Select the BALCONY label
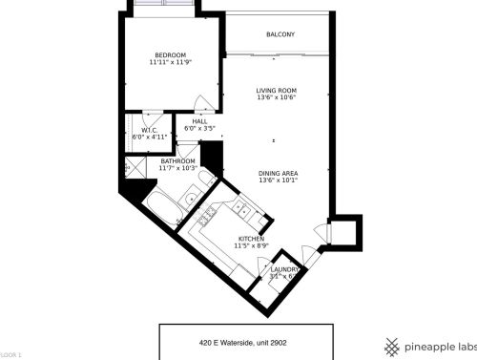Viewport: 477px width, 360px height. tap(280, 35)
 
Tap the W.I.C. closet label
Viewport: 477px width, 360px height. tap(150, 130)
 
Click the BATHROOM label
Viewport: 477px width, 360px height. tap(177, 161)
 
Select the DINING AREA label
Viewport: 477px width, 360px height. tap(279, 173)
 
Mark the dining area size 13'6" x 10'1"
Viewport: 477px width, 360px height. tap(279, 180)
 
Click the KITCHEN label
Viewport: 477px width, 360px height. tap(251, 239)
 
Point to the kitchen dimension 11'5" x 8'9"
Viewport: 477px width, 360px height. tap(251, 246)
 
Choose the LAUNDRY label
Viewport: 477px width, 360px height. tap(285, 269)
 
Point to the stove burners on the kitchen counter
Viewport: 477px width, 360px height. tap(207, 222)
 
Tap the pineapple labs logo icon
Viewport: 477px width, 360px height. tap(392, 345)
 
